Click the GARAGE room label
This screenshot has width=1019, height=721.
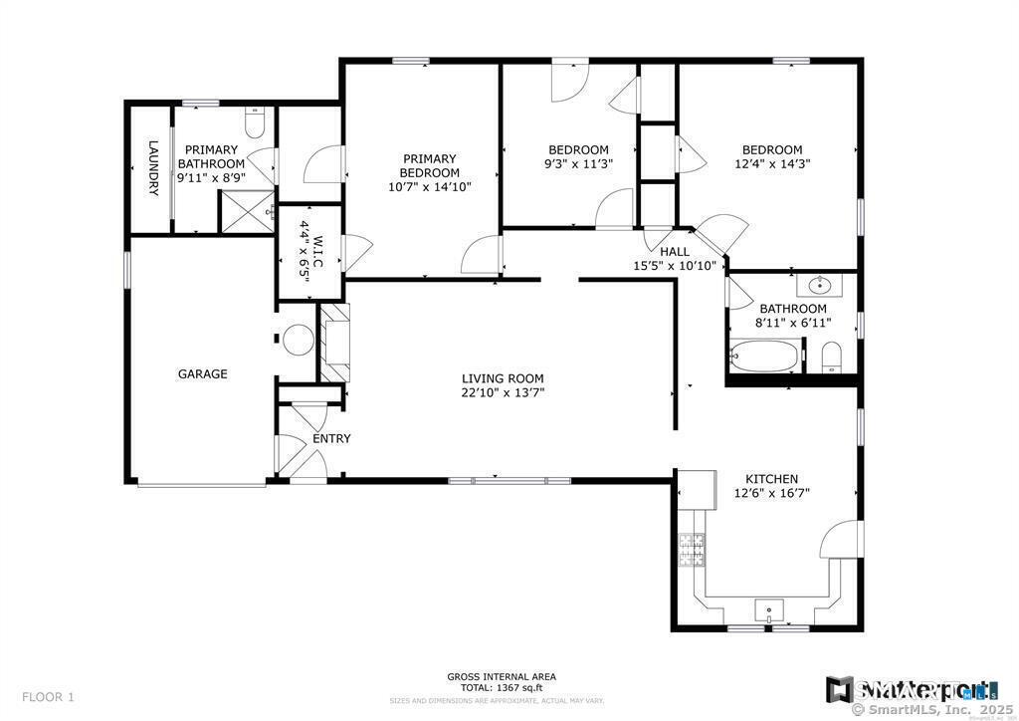click(x=203, y=374)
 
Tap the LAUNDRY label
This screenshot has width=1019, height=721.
click(x=153, y=167)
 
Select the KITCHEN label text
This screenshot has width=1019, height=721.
click(x=765, y=479)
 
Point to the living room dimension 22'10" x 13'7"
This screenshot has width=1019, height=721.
click(x=503, y=392)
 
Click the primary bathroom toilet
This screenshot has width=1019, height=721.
click(x=254, y=122)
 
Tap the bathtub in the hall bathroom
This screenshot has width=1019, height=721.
click(x=763, y=355)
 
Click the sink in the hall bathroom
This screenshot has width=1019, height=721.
click(x=819, y=287)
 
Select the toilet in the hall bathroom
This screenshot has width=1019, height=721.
click(x=833, y=357)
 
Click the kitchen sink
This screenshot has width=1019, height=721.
click(x=769, y=609)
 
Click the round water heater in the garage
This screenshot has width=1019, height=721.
click(x=298, y=341)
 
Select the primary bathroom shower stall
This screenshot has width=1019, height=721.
click(x=244, y=210)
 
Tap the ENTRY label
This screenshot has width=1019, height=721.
click(x=331, y=438)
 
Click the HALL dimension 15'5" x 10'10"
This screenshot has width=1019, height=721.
click(x=675, y=266)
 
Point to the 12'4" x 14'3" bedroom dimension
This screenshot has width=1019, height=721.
click(x=772, y=164)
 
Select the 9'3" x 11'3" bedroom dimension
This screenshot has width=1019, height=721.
click(x=577, y=164)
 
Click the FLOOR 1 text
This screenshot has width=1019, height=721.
click(x=48, y=697)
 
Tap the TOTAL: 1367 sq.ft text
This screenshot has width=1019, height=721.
click(x=502, y=688)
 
